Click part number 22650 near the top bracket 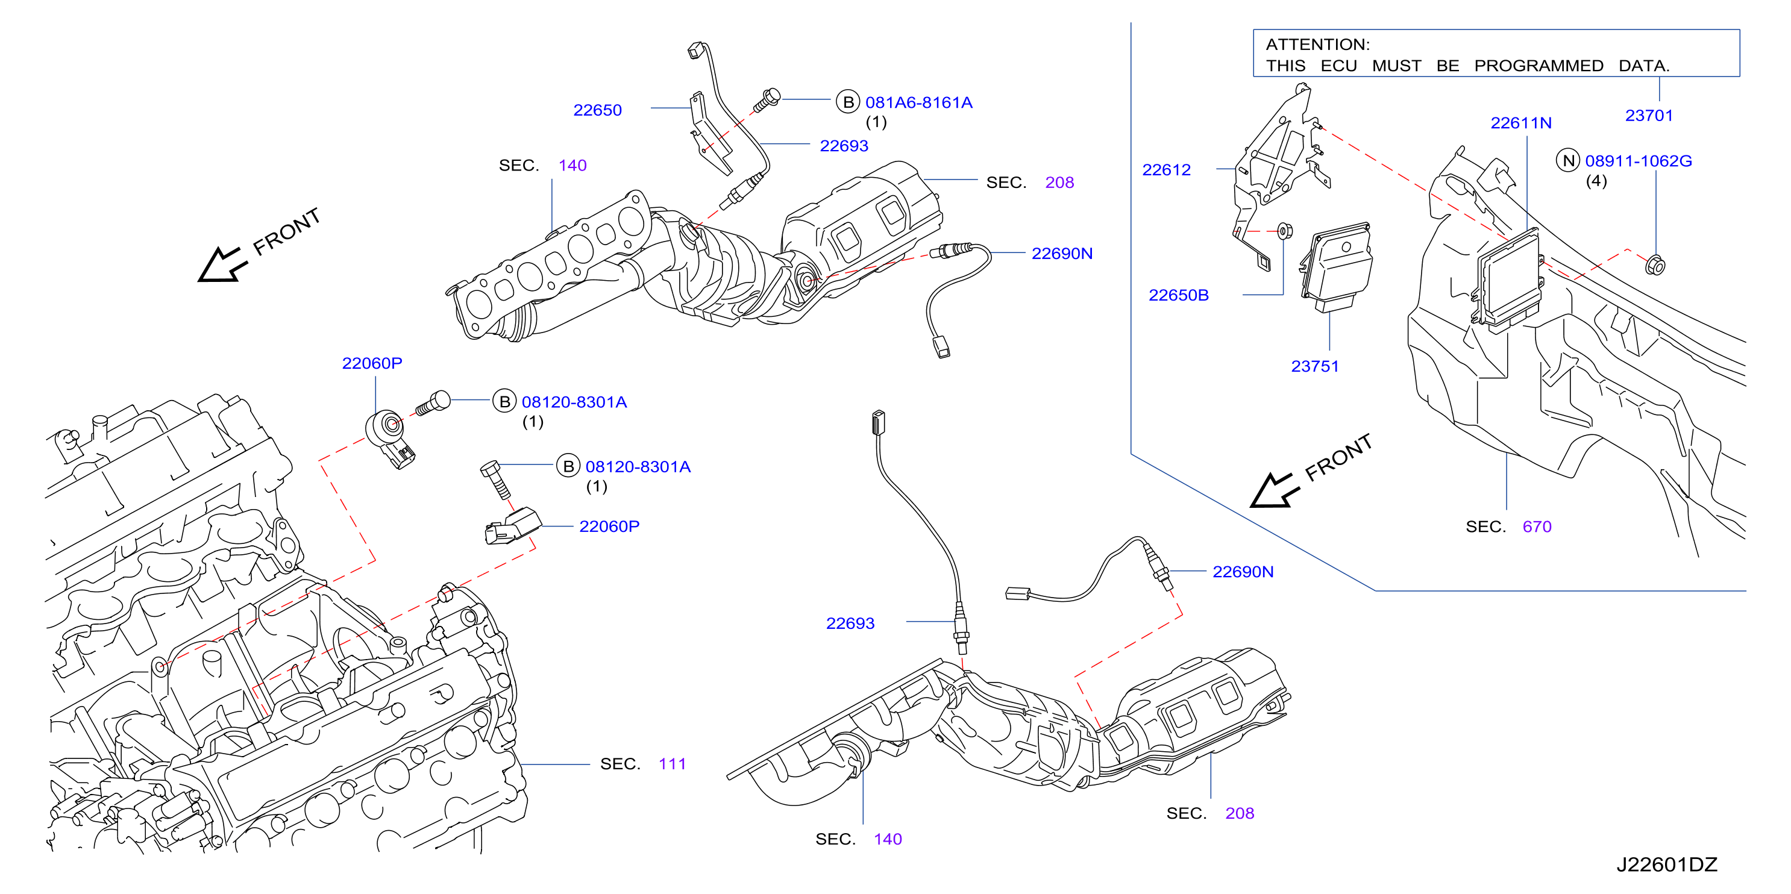point(597,110)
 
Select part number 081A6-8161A point(918,102)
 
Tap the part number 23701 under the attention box point(1648,116)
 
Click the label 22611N point(1520,123)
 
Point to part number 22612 point(1166,170)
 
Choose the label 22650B point(1179,295)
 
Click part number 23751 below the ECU point(1315,366)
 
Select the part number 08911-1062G point(1638,161)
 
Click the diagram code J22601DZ point(1666,865)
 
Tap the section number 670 point(1537,527)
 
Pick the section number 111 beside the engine point(671,764)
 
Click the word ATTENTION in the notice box point(1317,45)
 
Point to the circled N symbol point(1569,161)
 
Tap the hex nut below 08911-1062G point(1655,265)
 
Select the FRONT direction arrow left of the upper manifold point(222,265)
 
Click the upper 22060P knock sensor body point(390,435)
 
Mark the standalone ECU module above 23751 point(1335,266)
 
